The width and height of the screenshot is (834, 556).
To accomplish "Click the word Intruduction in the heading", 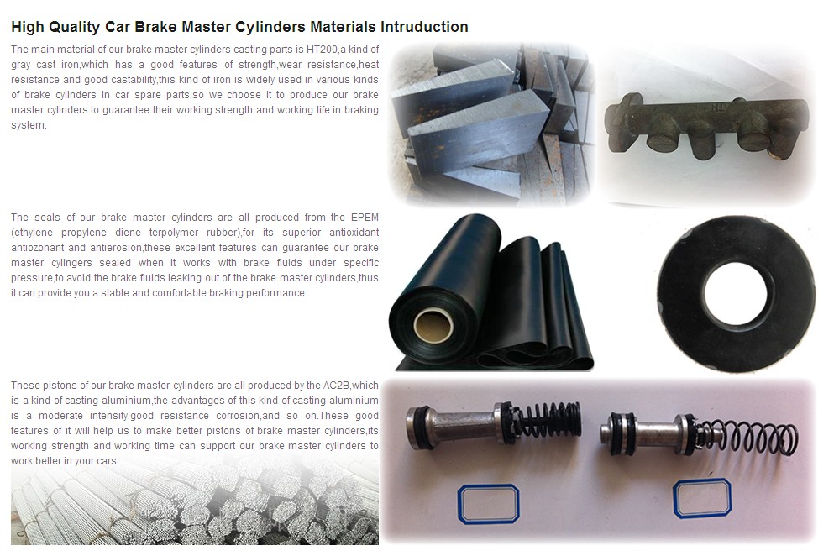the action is pyautogui.click(x=424, y=27).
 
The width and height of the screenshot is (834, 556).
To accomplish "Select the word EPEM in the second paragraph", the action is pyautogui.click(x=365, y=217).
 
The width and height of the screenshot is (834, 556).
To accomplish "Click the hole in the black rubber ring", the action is pyautogui.click(x=736, y=293).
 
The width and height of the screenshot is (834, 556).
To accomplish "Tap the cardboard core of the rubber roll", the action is pyautogui.click(x=433, y=326).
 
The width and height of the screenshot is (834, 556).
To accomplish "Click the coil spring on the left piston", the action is pyautogui.click(x=548, y=419).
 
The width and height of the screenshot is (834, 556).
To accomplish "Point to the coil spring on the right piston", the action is pyautogui.click(x=749, y=437).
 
